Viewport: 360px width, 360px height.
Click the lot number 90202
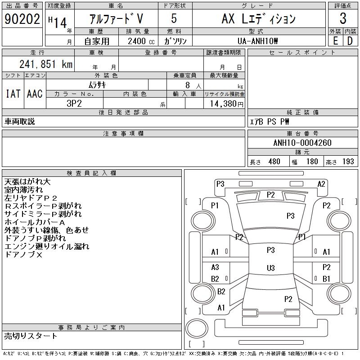coord(21,19)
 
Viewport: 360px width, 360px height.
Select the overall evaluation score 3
coord(343,19)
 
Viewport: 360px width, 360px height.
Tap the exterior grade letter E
coord(335,40)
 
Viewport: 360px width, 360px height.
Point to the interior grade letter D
coord(350,40)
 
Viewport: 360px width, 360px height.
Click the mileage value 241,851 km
coord(45,64)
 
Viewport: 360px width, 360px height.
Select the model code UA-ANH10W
coord(258,40)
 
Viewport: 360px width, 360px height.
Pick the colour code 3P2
coord(74,103)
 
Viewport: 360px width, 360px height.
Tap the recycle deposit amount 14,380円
coord(224,103)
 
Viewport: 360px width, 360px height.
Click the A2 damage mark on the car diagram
coord(321,184)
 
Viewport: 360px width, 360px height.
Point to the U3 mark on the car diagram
coord(270,268)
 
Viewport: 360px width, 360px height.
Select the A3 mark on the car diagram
coord(215,267)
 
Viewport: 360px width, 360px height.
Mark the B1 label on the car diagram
coord(326,279)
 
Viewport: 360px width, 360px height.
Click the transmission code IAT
coord(13,94)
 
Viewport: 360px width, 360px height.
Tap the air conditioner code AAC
coord(35,94)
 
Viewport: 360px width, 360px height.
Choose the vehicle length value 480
coord(274,162)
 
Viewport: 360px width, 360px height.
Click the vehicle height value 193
coord(348,162)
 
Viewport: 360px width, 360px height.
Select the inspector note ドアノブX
coord(23,254)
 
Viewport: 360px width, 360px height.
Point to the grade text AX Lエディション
coord(258,19)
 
